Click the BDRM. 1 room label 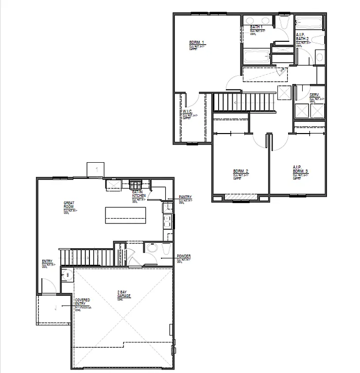(196, 43)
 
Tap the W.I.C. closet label (187, 112)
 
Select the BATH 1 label (256, 27)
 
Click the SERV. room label (314, 95)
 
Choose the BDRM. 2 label (240, 171)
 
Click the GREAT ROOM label (69, 204)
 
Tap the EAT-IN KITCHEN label (139, 194)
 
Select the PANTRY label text (185, 197)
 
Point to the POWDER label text (184, 256)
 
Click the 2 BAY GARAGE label (124, 293)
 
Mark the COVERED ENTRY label (82, 302)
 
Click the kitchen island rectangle (126, 214)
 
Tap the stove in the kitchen (135, 184)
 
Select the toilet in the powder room (151, 249)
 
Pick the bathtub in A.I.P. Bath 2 (309, 22)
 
